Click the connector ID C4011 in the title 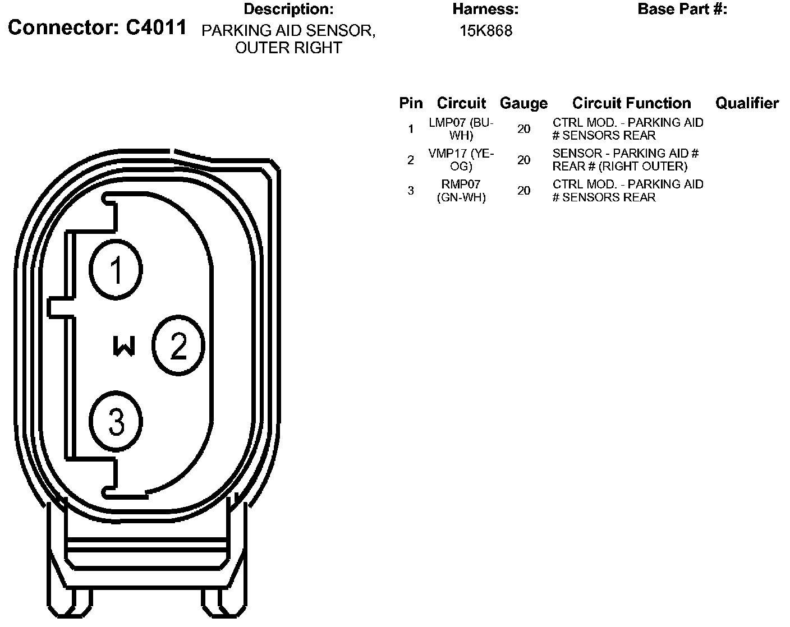[155, 27]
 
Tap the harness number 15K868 [486, 31]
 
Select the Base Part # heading [682, 9]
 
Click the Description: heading [288, 9]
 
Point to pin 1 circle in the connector [116, 270]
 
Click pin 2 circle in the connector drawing [178, 345]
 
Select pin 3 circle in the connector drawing [116, 422]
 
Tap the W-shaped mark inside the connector [124, 346]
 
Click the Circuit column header [461, 103]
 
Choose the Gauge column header [523, 103]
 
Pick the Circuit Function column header [631, 103]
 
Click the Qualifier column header [747, 103]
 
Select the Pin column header [411, 103]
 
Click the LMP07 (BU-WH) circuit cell [461, 129]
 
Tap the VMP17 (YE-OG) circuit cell [461, 160]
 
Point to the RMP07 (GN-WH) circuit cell [461, 191]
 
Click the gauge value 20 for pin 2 [523, 160]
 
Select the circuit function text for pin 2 [625, 160]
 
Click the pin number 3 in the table [411, 191]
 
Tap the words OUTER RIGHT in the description [288, 48]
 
